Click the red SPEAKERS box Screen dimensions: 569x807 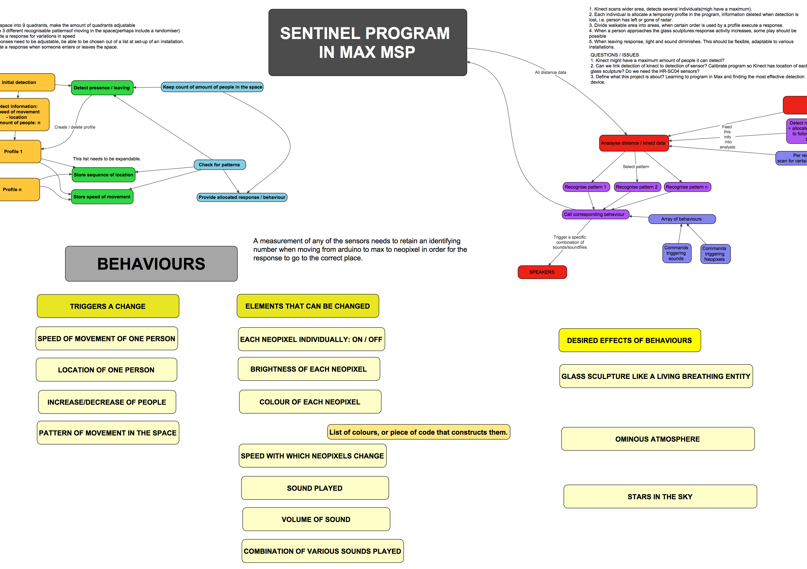tap(542, 272)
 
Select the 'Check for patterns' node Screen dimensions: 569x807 tap(219, 165)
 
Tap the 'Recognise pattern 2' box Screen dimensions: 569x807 tap(637, 187)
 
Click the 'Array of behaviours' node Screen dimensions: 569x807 tap(682, 219)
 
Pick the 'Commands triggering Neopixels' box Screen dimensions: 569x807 tap(714, 254)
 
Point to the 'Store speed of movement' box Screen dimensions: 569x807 tap(102, 197)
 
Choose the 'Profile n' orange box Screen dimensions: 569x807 tap(18, 190)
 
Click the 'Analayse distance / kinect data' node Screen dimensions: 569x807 tap(633, 143)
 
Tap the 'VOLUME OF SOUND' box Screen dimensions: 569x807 tap(316, 519)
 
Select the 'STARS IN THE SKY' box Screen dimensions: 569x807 tap(660, 496)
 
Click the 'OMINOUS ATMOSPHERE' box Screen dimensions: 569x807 tap(657, 439)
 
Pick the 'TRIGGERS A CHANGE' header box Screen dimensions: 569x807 tap(108, 306)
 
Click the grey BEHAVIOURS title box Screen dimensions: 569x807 tap(151, 264)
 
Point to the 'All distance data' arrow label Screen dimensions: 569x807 tap(550, 73)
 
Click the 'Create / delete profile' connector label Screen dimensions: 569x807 tap(75, 127)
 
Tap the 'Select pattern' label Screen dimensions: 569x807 tap(636, 167)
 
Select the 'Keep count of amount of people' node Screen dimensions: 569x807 tap(212, 87)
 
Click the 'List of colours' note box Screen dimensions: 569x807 tap(418, 432)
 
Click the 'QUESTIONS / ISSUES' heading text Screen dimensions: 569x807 tap(614, 55)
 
